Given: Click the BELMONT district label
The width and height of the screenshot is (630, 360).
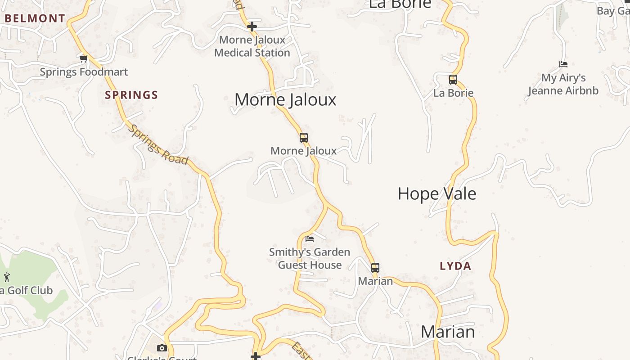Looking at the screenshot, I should click(35, 18).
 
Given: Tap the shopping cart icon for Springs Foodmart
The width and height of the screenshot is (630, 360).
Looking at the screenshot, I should click(83, 58).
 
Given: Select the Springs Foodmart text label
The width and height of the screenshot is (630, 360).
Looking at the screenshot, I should click(84, 72).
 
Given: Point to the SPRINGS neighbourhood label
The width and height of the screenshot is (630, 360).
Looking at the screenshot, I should click(131, 95).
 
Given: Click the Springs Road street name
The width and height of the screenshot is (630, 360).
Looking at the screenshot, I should click(158, 144).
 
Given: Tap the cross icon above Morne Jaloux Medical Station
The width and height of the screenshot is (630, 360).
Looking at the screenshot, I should click(252, 27).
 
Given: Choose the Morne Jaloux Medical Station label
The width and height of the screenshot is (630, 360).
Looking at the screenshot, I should click(252, 46).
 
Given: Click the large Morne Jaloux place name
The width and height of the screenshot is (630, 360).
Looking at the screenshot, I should click(285, 99).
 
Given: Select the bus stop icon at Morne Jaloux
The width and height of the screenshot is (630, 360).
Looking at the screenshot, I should click(304, 138).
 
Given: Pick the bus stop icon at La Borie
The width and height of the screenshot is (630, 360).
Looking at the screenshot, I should click(453, 80).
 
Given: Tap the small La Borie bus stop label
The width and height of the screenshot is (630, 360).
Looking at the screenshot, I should click(453, 93).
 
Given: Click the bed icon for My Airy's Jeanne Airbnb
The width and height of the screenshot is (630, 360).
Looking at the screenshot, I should click(563, 64).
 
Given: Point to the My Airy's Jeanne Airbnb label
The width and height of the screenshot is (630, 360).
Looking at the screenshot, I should click(563, 84).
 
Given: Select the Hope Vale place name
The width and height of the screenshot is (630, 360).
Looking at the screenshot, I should click(436, 194).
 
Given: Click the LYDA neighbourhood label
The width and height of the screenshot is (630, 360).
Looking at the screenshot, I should click(455, 266).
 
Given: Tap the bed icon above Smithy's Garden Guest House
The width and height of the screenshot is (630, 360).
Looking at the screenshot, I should click(310, 238).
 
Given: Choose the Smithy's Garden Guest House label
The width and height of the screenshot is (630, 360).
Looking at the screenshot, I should click(310, 258).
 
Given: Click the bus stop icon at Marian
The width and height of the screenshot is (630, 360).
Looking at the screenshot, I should click(375, 268).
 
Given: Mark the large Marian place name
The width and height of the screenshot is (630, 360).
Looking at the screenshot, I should click(448, 332).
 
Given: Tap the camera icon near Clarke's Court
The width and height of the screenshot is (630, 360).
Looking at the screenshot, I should click(162, 348).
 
